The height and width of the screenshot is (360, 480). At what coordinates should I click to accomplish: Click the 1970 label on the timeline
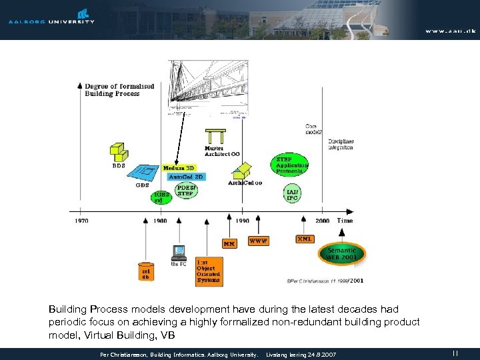(x=81, y=221)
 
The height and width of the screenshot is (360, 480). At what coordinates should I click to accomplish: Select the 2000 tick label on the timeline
(x=323, y=221)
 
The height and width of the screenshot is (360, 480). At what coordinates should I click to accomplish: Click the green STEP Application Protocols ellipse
(x=291, y=165)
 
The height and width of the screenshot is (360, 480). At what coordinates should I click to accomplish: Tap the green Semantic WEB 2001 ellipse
(x=341, y=253)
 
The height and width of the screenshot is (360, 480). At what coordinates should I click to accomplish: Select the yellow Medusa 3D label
(x=179, y=168)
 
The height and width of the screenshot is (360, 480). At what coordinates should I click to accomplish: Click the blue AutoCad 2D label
(x=186, y=177)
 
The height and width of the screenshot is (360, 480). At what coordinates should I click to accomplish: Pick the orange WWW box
(x=258, y=241)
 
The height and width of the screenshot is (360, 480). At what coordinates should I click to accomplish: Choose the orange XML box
(x=305, y=239)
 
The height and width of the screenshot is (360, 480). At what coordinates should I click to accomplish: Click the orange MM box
(x=229, y=243)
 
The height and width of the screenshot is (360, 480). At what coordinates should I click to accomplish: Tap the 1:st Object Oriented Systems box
(x=208, y=271)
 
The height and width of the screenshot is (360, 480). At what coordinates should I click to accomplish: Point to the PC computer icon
(x=178, y=253)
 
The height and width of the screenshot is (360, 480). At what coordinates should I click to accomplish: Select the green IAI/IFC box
(x=292, y=194)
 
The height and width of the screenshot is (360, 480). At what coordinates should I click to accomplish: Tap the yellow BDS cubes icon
(x=118, y=153)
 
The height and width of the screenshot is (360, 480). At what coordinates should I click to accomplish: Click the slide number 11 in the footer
(x=455, y=353)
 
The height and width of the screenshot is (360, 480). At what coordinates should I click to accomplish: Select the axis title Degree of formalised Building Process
(x=119, y=90)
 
